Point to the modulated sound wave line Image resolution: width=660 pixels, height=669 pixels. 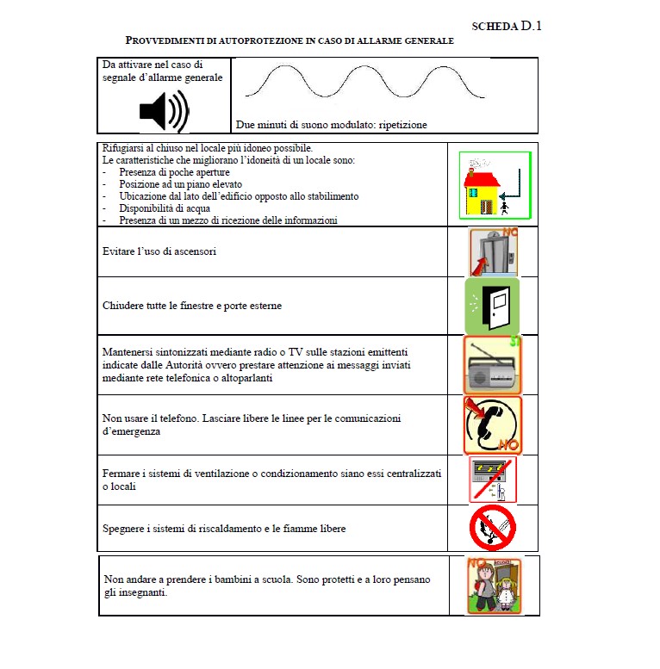tap(365, 83)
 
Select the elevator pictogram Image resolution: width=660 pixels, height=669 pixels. tap(493, 251)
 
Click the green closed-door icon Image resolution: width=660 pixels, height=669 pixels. tap(492, 305)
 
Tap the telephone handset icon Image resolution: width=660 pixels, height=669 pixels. tap(493, 424)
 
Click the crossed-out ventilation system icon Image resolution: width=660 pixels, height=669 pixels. tap(493, 480)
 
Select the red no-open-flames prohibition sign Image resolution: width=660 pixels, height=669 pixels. tap(493, 528)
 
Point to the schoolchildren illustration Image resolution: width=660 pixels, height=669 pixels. tap(494, 585)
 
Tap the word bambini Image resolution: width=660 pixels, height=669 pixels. tap(251, 579)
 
